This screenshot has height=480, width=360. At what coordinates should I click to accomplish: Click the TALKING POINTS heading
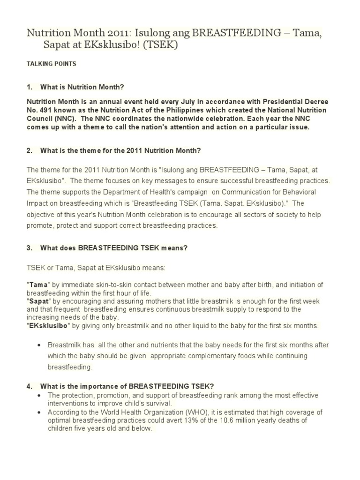pos(51,63)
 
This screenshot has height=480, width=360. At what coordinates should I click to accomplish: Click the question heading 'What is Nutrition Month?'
pos(82,87)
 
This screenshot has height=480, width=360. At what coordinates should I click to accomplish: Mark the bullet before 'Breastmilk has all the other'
pos(39,345)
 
